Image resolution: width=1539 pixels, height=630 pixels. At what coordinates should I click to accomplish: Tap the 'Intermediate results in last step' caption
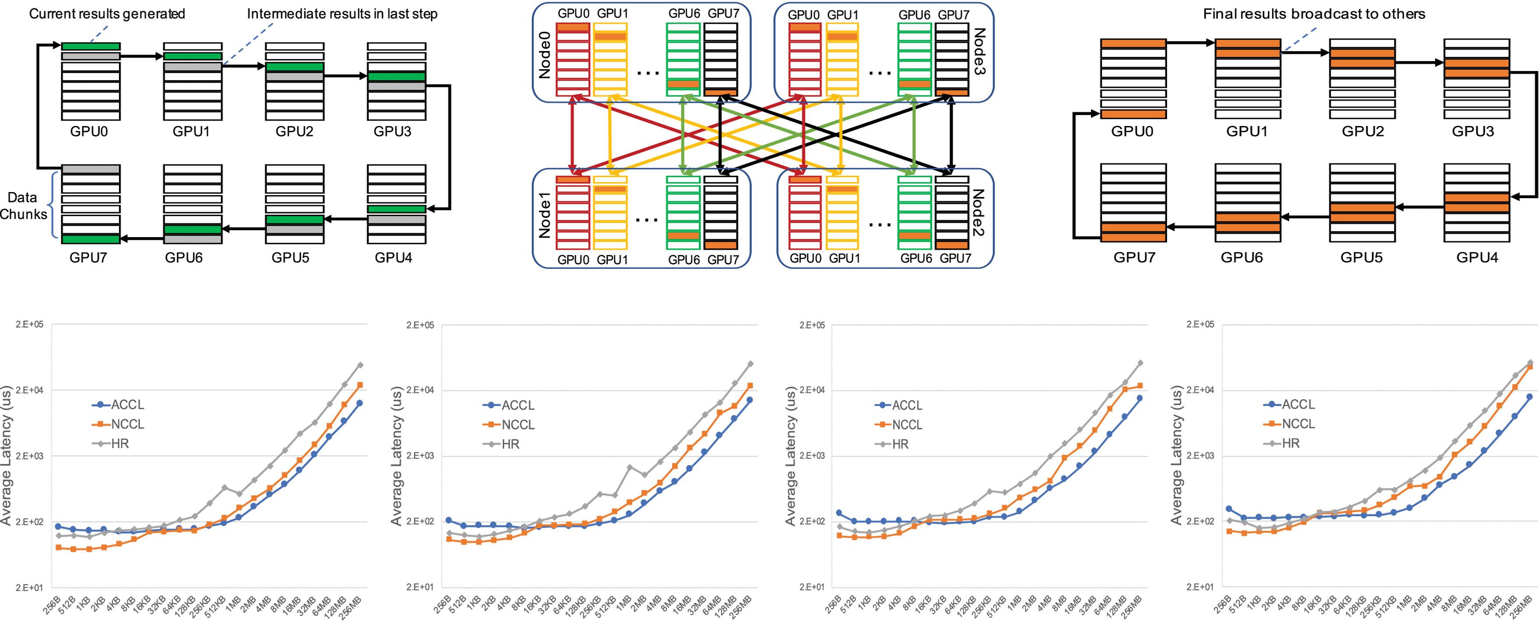click(342, 14)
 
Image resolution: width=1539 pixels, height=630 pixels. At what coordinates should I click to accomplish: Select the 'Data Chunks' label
click(23, 206)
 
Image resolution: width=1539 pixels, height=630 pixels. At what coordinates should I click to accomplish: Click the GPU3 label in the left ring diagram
click(392, 131)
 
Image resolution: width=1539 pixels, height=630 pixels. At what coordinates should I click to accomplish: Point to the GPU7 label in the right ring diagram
click(1134, 257)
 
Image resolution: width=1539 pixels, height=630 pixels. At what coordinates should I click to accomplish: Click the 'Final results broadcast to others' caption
click(1314, 14)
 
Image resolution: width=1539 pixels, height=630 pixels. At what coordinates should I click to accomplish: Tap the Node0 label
click(544, 55)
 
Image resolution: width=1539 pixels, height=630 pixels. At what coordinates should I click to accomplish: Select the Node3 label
click(979, 51)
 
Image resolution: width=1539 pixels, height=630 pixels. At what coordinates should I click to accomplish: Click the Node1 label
click(544, 215)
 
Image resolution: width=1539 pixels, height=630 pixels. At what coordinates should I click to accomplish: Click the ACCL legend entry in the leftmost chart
click(126, 405)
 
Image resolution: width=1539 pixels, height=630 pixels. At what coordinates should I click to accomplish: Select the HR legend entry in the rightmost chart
click(1290, 444)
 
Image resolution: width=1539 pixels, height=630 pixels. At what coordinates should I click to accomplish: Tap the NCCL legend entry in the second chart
click(517, 424)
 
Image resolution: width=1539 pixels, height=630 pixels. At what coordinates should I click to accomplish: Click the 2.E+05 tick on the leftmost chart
click(29, 325)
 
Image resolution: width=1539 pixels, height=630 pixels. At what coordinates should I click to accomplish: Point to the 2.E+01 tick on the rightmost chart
click(1200, 587)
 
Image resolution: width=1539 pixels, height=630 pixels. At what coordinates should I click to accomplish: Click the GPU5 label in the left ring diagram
click(291, 257)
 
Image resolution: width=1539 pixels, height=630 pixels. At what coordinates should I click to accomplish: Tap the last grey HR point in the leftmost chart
click(360, 365)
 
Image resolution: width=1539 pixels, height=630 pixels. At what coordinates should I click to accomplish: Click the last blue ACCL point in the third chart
click(1139, 398)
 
